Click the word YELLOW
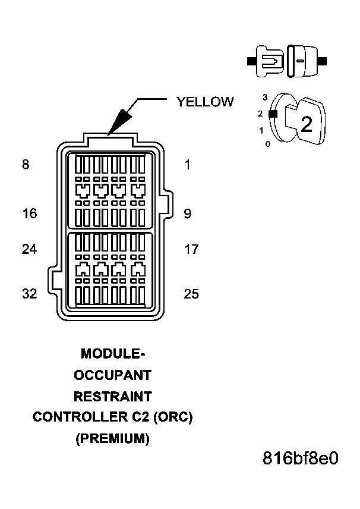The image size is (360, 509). coord(204,102)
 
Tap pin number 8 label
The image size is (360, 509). coord(25,165)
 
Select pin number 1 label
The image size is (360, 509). coord(188,165)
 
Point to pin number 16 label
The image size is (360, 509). coord(29,213)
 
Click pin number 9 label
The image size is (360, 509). coord(188,213)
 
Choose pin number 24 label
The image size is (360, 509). coord(29,249)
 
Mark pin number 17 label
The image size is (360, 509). coord(191,249)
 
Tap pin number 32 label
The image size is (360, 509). coord(29,294)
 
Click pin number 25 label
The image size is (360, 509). coord(191,294)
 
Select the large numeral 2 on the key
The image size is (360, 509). coord(307,124)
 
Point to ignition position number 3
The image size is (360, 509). coord(265,96)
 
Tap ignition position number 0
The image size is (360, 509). coord(267,144)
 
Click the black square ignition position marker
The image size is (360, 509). coord(272,113)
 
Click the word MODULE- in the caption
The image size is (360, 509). coord(113,354)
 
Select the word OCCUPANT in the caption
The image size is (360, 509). coord(113,375)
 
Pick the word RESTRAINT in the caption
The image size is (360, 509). coord(113,396)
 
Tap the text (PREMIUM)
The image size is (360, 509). coord(113,438)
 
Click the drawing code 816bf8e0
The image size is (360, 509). coord(301,459)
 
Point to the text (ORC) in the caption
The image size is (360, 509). coord(173,417)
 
